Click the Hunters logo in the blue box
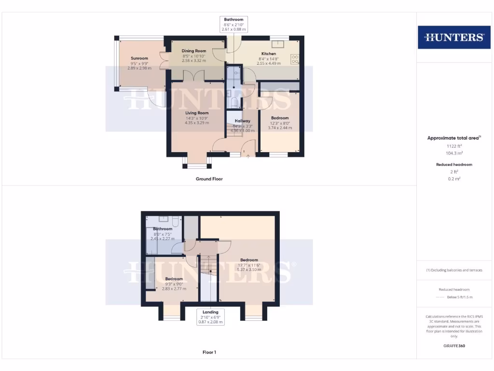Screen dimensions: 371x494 (x=453, y=37)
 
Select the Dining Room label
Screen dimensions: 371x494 (x=194, y=51)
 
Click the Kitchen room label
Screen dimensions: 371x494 (x=269, y=54)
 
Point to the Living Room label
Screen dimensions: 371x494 (x=197, y=113)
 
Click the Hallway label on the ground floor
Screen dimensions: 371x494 (x=242, y=121)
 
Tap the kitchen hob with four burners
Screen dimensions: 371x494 (x=295, y=59)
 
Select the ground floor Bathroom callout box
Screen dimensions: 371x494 (x=233, y=24)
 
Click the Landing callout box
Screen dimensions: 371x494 (x=210, y=316)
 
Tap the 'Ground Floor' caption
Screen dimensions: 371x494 (x=209, y=179)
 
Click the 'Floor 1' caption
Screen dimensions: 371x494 (x=209, y=352)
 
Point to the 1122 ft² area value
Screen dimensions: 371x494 (x=453, y=146)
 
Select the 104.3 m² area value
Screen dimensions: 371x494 (x=453, y=153)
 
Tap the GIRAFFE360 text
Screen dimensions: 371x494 (x=453, y=346)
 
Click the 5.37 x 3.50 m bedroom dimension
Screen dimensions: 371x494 (x=249, y=270)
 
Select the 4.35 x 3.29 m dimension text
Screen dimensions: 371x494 (x=197, y=123)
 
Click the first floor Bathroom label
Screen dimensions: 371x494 (x=163, y=229)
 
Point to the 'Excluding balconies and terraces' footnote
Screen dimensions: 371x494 (x=453, y=270)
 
